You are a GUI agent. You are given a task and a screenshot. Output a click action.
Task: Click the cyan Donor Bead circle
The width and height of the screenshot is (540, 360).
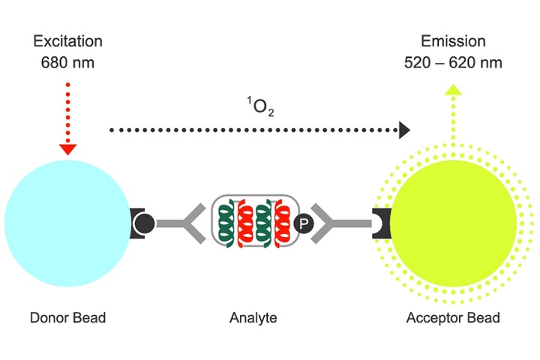coord(66,222)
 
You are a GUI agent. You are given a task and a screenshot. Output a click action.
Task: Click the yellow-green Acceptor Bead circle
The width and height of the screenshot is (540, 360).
coord(454,223)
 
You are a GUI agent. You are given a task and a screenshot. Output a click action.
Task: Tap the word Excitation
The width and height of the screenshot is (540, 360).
coord(67,41)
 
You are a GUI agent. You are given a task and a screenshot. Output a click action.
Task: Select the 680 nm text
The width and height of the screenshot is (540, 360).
coord(67,62)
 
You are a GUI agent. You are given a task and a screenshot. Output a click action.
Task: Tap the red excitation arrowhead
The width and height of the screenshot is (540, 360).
coord(67,148)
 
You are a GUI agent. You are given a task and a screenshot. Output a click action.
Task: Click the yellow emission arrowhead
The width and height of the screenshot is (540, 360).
coord(451,91)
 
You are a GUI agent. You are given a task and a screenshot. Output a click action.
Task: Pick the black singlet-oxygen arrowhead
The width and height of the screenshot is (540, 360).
coord(404,130)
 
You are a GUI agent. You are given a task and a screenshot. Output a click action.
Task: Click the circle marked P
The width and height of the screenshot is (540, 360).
coord(304,223)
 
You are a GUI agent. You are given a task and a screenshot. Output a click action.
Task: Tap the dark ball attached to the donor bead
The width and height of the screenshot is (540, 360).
coord(145,223)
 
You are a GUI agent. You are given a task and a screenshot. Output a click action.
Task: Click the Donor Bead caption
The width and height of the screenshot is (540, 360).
coord(67,317)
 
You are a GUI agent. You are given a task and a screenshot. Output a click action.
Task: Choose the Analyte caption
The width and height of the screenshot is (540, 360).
coord(253,317)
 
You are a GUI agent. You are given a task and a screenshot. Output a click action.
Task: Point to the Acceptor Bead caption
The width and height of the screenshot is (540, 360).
coord(453,317)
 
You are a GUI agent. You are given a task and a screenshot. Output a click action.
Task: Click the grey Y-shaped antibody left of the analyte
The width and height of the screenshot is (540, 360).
coord(189,223)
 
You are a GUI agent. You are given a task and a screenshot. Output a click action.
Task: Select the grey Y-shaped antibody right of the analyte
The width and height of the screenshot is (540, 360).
coord(334,223)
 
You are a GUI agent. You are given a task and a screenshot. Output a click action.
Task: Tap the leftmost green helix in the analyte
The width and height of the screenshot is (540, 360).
coord(224,223)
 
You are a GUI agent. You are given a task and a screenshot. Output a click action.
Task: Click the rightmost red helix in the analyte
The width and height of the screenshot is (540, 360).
coord(283,223)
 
